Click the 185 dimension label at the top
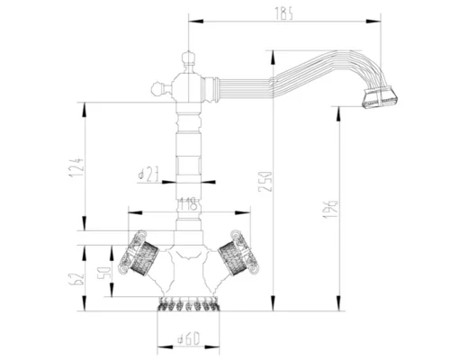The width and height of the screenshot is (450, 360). coord(285,12)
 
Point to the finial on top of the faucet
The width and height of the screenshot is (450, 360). coord(189,60)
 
